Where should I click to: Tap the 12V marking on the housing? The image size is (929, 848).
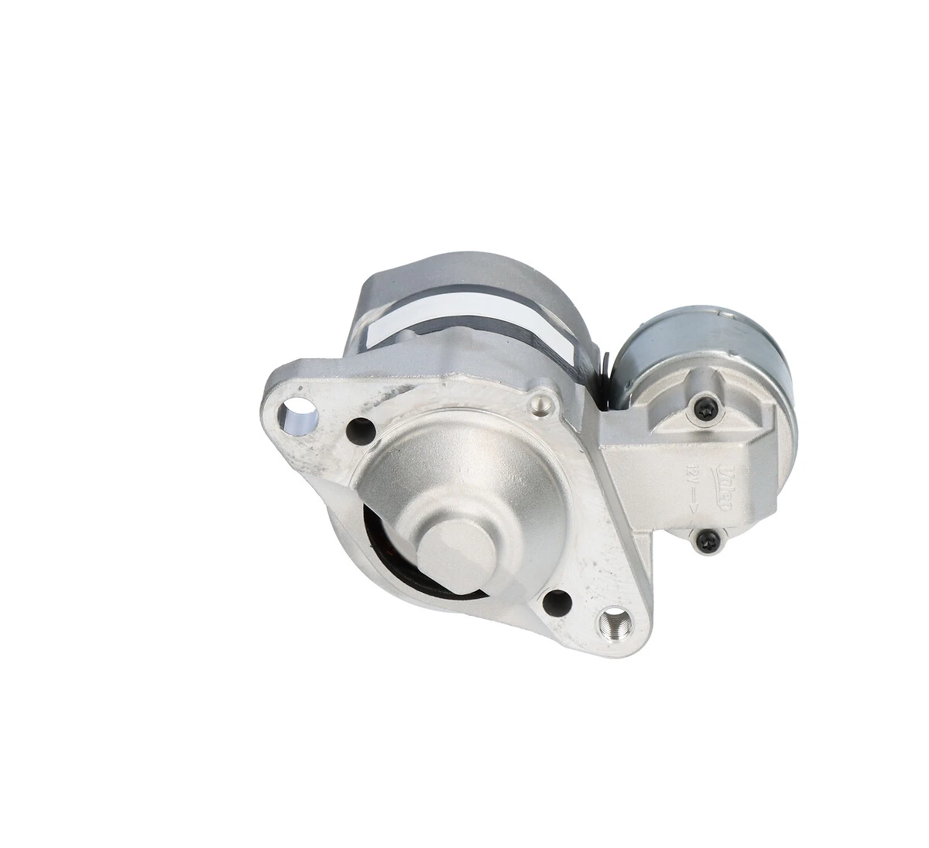point(691,476)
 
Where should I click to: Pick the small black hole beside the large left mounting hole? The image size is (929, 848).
point(357,426)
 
